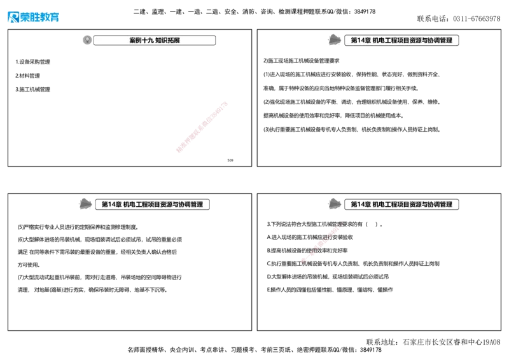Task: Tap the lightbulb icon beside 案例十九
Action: tap(87, 40)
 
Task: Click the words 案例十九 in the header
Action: tap(141, 40)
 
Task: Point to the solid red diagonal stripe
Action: tap(201, 127)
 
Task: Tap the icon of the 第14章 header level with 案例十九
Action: tap(333, 40)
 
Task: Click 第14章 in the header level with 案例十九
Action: tap(360, 40)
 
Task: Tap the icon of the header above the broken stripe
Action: tap(333, 204)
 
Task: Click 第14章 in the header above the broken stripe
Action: tap(360, 204)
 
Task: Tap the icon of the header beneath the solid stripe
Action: tap(84, 204)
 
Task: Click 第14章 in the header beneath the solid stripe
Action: tap(111, 204)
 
